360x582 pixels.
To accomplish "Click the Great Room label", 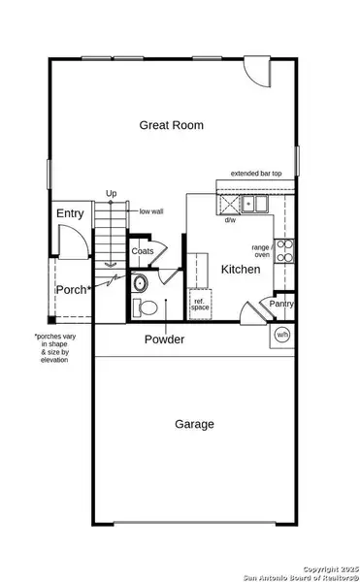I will [x=169, y=124].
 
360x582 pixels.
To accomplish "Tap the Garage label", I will [x=194, y=424].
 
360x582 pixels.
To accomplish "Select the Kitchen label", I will [x=240, y=269].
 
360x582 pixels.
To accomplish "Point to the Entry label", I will [x=70, y=213].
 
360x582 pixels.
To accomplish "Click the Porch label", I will [x=74, y=289].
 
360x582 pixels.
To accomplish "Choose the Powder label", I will [x=164, y=339].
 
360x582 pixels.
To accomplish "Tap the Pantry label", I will [x=281, y=304].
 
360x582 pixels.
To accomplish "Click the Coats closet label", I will [x=143, y=251].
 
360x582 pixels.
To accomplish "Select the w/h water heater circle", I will [x=283, y=334].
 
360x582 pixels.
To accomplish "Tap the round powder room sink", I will [x=140, y=284].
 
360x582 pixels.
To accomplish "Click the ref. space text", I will [x=200, y=304].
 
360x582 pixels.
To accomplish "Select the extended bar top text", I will [x=255, y=174].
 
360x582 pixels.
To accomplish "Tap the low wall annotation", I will [x=150, y=210].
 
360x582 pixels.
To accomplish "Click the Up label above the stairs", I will [x=112, y=194].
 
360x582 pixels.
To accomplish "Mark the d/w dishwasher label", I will [x=230, y=220].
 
